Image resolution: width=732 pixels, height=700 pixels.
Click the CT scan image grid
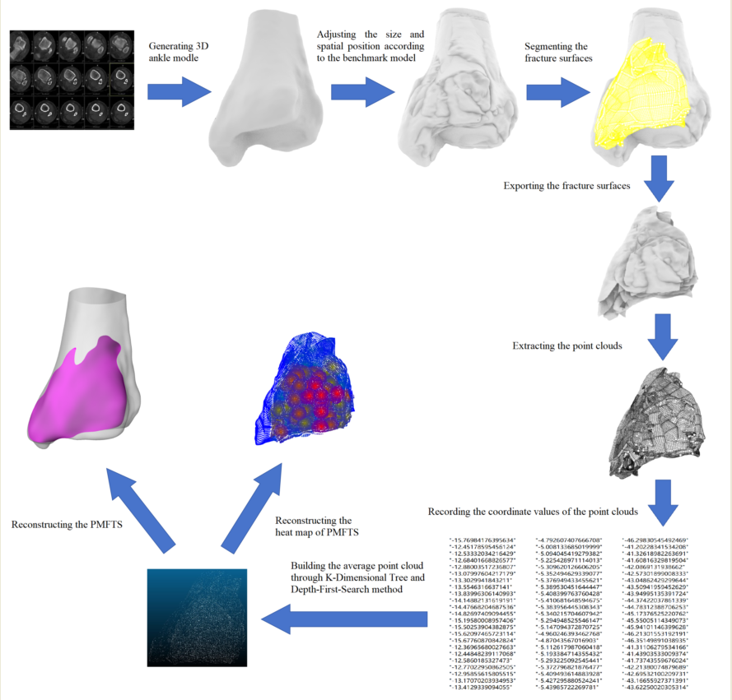point(72,78)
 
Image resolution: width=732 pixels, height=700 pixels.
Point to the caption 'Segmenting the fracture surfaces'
point(557,53)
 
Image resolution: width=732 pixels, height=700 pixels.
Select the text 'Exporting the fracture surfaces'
point(566,186)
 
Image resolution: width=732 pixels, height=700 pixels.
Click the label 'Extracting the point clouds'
point(566,345)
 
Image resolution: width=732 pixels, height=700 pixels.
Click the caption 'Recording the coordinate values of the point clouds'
point(534,512)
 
